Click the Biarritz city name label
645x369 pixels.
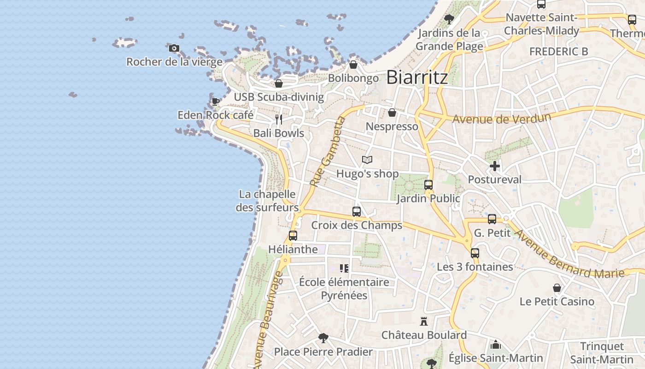click(x=417, y=77)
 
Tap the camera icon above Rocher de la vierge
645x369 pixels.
click(x=174, y=48)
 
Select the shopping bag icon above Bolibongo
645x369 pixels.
click(x=353, y=65)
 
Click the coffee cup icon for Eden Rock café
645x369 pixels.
click(x=215, y=101)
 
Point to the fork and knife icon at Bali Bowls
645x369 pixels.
click(x=278, y=119)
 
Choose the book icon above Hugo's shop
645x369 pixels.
click(x=367, y=160)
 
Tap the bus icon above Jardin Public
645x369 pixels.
click(x=428, y=184)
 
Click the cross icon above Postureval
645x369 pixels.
click(x=495, y=166)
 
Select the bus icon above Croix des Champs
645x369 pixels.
click(x=357, y=211)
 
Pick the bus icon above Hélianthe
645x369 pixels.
click(x=293, y=235)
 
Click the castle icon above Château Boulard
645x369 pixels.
click(x=424, y=321)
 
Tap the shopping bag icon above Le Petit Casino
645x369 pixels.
click(x=557, y=288)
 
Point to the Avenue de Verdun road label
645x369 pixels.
click(x=501, y=118)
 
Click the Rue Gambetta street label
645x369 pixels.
click(x=328, y=152)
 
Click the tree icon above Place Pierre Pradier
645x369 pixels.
click(x=323, y=338)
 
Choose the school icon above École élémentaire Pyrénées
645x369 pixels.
click(x=344, y=268)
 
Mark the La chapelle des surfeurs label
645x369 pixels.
click(x=267, y=201)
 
